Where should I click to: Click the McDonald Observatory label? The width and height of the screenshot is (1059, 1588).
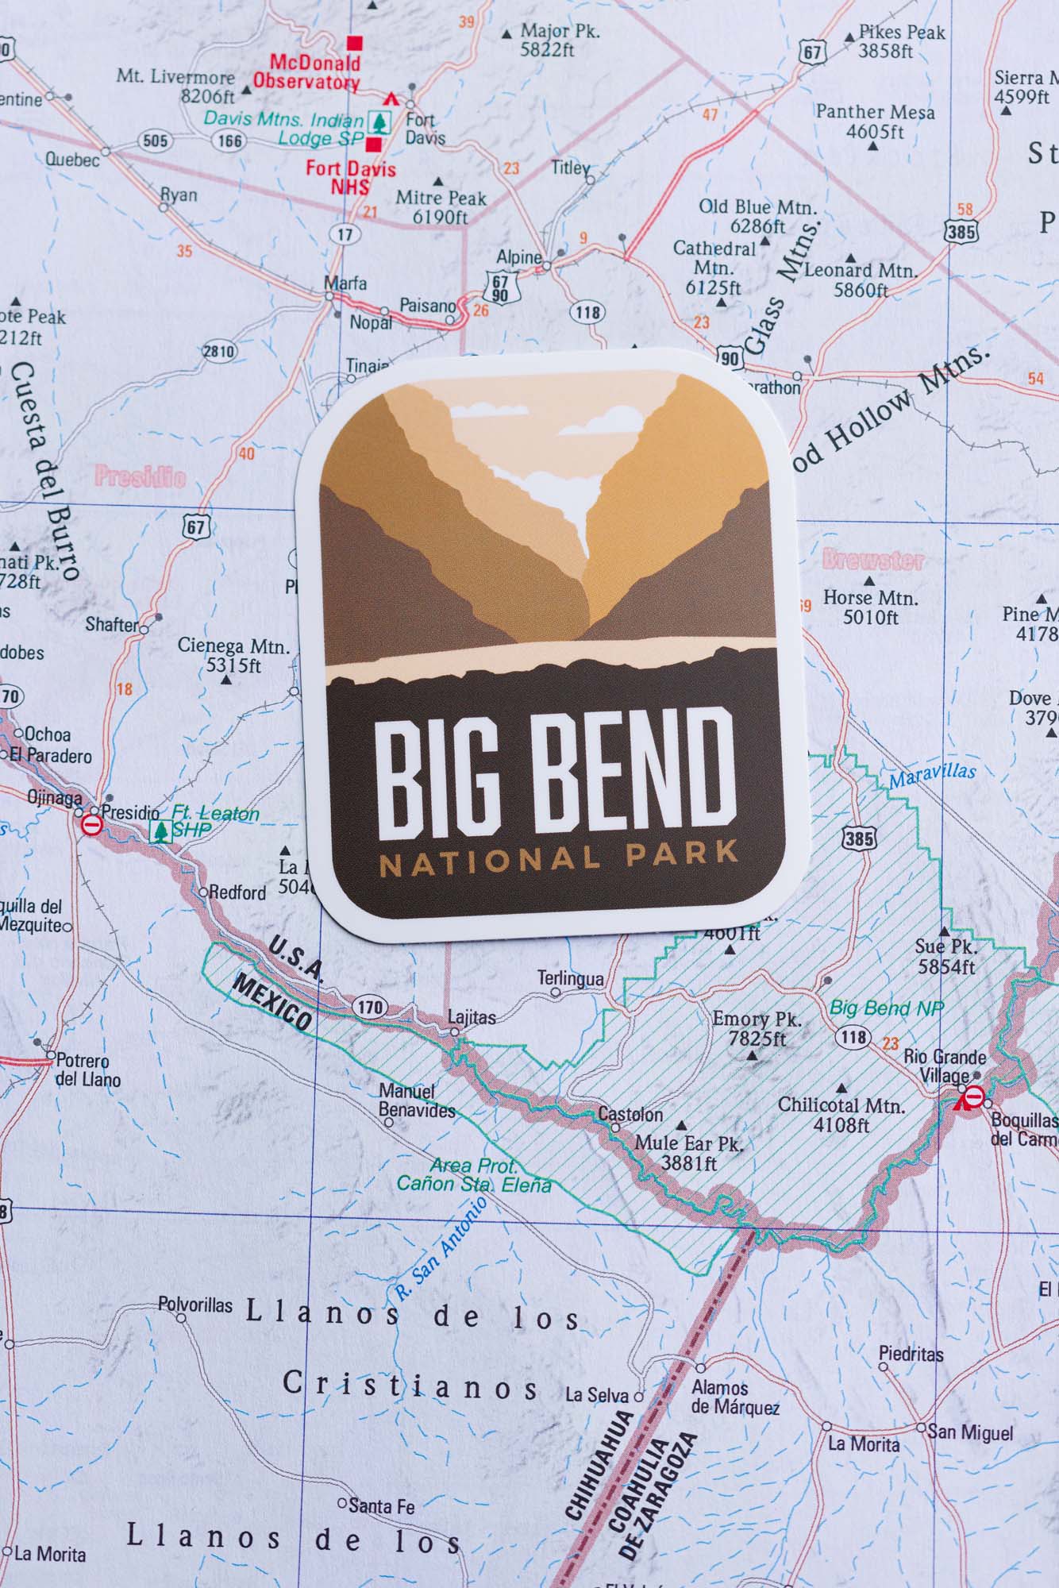point(306,71)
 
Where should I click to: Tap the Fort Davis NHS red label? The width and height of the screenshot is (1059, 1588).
point(350,177)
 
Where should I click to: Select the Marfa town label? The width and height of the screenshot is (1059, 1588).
point(345,283)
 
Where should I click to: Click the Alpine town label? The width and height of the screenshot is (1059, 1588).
point(518,257)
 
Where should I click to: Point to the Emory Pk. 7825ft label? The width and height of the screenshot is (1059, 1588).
point(756,1028)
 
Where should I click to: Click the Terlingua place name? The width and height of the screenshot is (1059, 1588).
point(570,978)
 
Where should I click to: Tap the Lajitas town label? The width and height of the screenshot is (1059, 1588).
point(472,1016)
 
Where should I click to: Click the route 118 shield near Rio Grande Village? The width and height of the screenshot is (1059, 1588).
point(853,1037)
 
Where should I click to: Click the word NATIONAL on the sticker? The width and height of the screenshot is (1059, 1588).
point(490,859)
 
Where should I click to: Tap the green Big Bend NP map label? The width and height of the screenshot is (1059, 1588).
point(886,1008)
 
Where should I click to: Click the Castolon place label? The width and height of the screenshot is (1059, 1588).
point(630,1114)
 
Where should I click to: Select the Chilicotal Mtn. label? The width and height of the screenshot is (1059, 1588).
point(841,1114)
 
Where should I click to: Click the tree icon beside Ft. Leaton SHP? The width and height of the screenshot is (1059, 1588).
point(160,831)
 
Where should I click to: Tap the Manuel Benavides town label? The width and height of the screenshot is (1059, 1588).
point(417,1100)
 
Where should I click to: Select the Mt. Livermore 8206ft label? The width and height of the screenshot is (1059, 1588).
point(175,87)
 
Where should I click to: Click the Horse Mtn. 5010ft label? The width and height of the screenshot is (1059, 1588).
point(870,607)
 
